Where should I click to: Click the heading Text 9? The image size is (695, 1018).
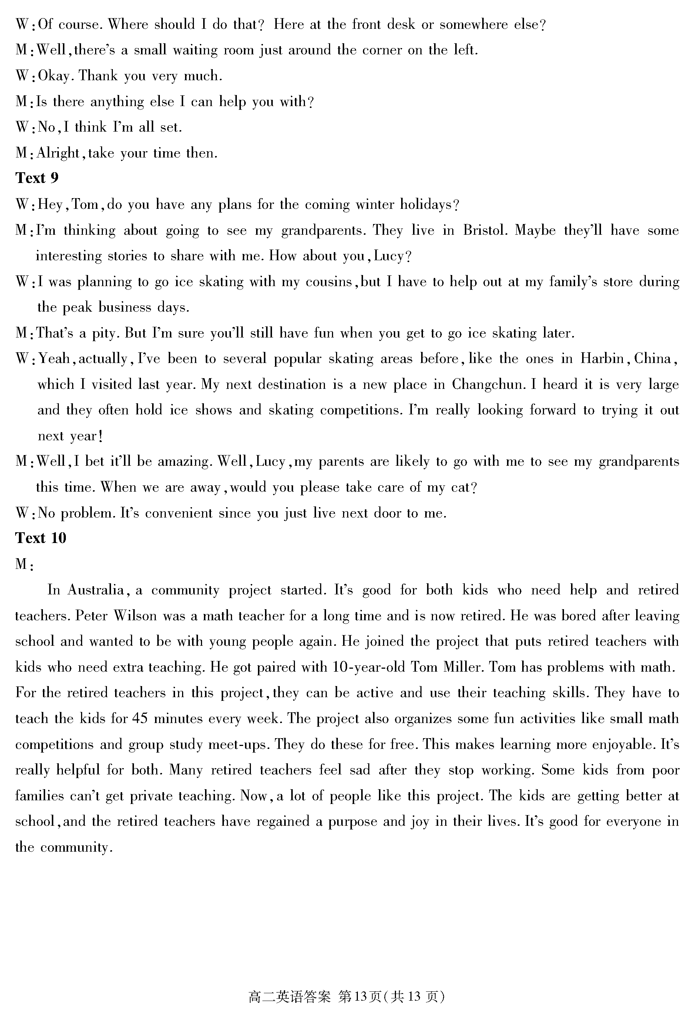(x=37, y=178)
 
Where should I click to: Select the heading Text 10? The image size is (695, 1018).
(x=41, y=538)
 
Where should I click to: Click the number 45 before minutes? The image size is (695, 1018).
(x=140, y=719)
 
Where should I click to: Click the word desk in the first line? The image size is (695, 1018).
(x=401, y=24)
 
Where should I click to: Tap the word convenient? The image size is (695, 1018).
(x=178, y=513)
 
